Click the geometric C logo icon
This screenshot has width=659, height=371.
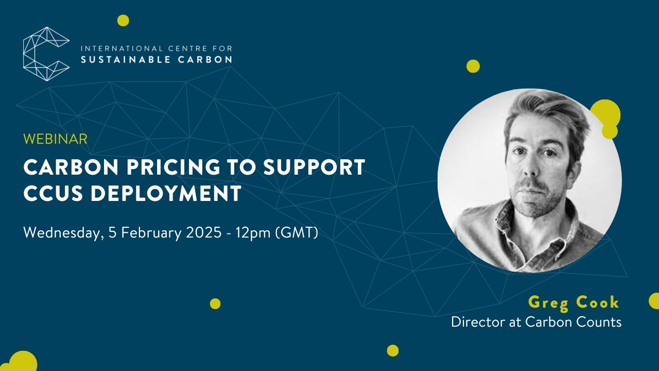pos(46,54)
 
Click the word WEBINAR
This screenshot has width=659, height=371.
pos(56,139)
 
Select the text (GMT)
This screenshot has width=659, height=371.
pos(297,233)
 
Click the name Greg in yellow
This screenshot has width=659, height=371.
pos(547,303)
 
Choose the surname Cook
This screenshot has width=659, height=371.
pos(598,302)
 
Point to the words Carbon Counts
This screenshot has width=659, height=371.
pos(573,322)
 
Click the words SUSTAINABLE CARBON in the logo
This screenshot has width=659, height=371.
pos(157,59)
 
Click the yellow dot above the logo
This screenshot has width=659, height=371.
pos(123,21)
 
